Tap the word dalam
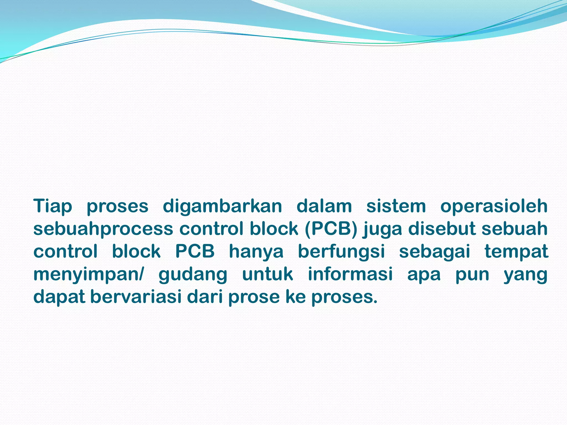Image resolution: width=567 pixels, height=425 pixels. [x=324, y=206]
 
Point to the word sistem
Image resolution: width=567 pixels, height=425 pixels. [x=396, y=206]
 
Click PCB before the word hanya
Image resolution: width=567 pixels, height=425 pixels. [x=195, y=252]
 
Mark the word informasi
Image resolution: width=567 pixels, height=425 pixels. [x=350, y=274]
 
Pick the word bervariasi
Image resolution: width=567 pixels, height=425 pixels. [x=136, y=297]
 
